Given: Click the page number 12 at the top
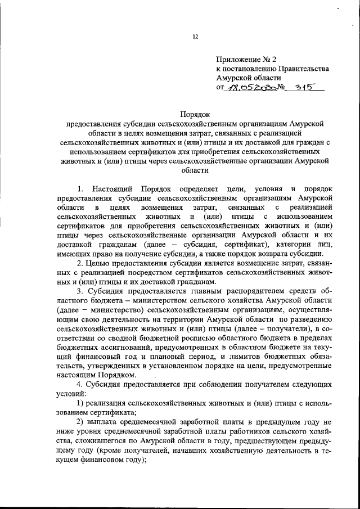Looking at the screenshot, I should [195, 37].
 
